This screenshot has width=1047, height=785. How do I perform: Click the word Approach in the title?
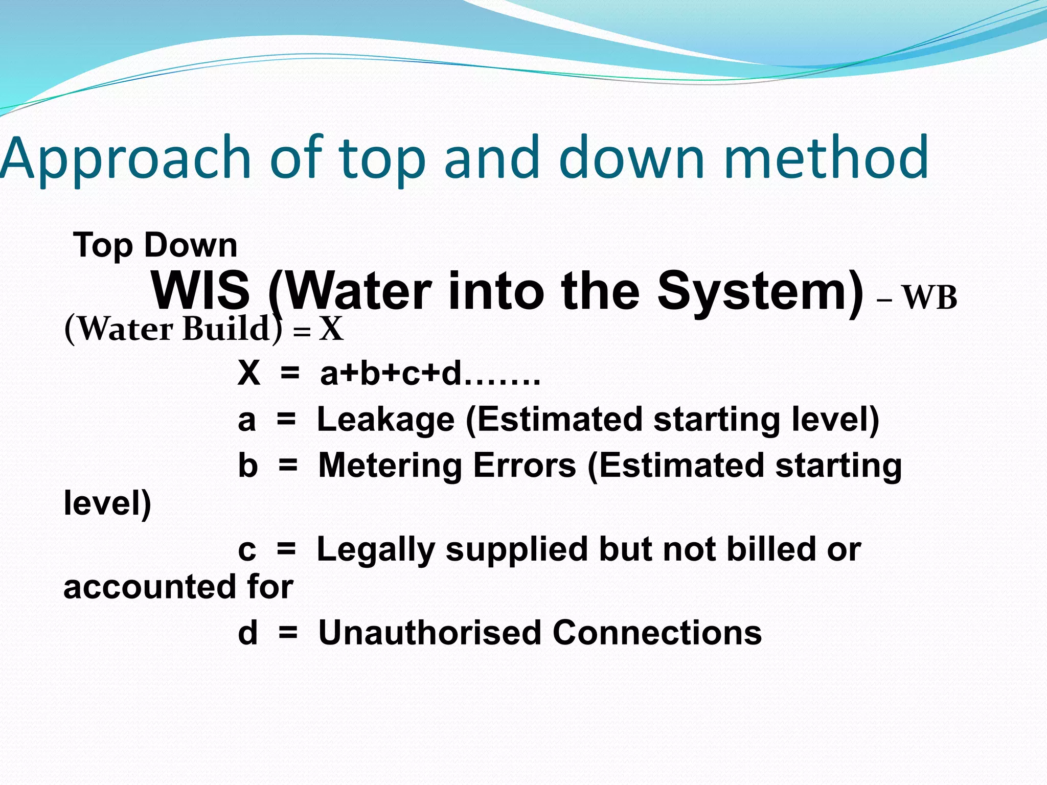125,159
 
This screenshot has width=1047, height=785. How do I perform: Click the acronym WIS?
200,291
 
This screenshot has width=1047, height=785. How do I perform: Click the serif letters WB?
929,297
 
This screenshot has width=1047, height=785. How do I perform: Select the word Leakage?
385,420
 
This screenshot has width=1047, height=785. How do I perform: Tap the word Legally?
375,550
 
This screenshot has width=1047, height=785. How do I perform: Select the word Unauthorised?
429,633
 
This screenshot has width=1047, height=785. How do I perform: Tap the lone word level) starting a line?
107,503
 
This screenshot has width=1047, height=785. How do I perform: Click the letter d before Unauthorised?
247,633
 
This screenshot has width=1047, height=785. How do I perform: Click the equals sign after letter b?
288,466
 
